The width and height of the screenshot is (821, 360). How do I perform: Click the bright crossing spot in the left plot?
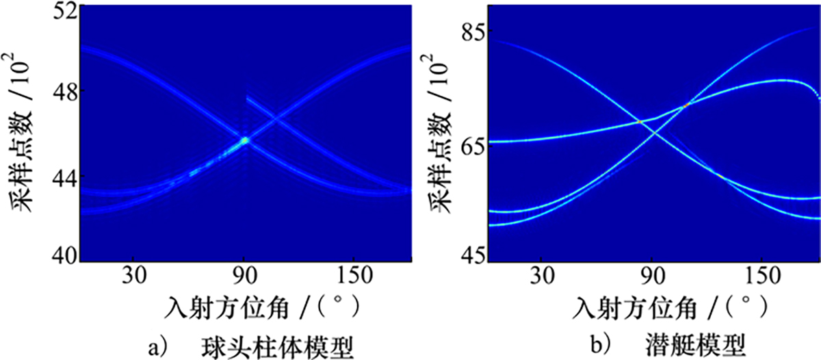click(x=244, y=140)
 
